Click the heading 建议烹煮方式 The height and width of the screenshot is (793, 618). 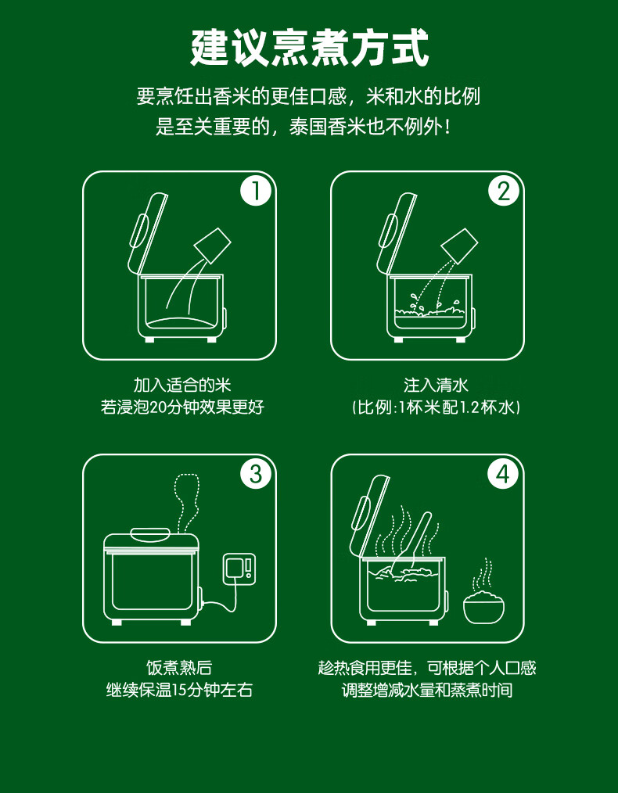[x=309, y=48]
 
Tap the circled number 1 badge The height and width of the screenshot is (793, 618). [x=255, y=192]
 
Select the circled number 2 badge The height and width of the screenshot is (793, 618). [x=504, y=192]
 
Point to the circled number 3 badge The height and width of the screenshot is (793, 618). [x=255, y=475]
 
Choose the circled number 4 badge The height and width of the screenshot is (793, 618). [x=503, y=475]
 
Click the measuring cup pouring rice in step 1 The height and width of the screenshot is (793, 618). [x=213, y=246]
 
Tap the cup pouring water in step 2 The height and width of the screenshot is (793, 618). [x=459, y=246]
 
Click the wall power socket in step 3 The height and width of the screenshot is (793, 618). [x=239, y=569]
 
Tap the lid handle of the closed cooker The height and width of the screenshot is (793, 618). [x=150, y=534]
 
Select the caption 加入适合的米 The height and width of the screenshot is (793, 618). [x=182, y=385]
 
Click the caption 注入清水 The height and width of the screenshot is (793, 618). [x=436, y=385]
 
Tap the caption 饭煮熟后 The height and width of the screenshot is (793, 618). [x=179, y=668]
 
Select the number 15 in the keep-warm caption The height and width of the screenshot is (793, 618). [x=180, y=690]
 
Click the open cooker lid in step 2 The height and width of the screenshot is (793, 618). [x=396, y=233]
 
